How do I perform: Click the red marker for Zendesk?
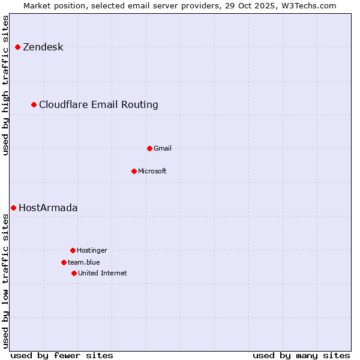click(17, 47)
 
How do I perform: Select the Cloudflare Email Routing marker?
click(34, 104)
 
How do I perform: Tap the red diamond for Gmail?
click(149, 148)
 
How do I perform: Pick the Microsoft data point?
click(134, 171)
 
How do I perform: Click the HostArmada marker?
click(13, 208)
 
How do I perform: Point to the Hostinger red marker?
click(73, 250)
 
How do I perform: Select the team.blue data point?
click(64, 262)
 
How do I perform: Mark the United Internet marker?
click(74, 273)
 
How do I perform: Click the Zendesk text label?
click(43, 47)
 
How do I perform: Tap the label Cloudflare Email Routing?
click(98, 104)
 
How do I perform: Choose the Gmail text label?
click(162, 148)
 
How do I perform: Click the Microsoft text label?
click(152, 171)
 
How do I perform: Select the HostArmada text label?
click(48, 208)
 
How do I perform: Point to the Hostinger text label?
click(92, 250)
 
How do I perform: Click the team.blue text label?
click(83, 262)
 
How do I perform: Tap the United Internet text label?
click(102, 273)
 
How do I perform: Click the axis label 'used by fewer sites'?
click(61, 355)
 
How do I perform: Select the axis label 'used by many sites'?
click(301, 355)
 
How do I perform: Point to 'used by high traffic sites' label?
click(5, 85)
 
